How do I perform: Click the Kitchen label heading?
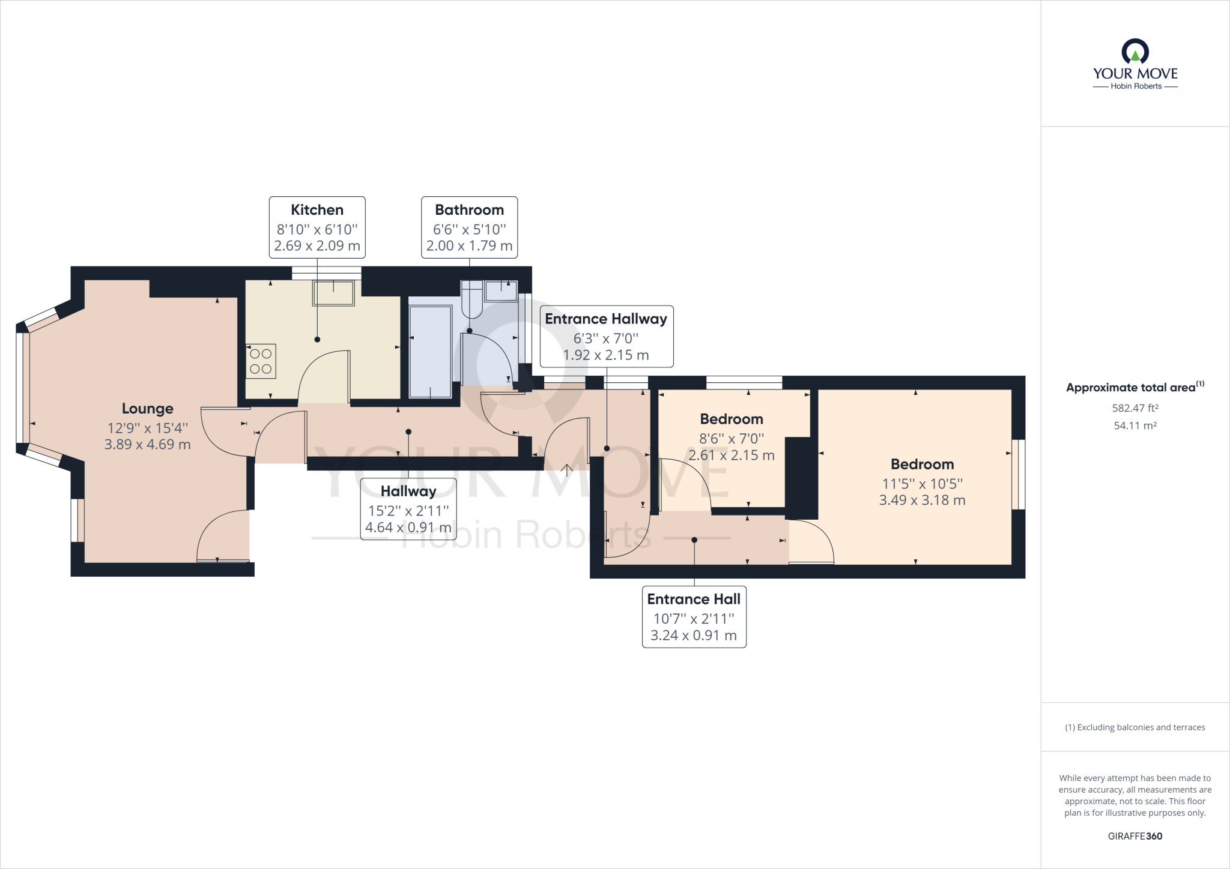(x=317, y=210)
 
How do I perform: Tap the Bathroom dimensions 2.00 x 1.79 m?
(x=469, y=246)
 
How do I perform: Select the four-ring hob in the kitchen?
(x=261, y=361)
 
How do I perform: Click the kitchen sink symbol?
(x=333, y=293)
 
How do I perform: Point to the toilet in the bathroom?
(x=472, y=300)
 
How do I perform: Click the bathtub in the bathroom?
(x=430, y=352)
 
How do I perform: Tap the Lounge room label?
(x=148, y=409)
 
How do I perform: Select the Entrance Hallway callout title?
(x=606, y=319)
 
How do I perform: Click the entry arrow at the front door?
(x=567, y=469)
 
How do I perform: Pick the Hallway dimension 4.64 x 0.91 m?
(x=408, y=528)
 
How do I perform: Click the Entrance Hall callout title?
(x=694, y=599)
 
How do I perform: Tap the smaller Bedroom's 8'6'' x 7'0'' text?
(x=732, y=439)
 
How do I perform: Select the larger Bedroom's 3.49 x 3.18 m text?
(x=922, y=501)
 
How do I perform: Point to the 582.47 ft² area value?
(x=1135, y=408)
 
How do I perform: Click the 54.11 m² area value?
(x=1135, y=425)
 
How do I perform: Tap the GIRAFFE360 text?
(x=1135, y=836)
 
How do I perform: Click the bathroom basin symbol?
(x=501, y=291)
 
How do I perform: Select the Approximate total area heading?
(x=1130, y=388)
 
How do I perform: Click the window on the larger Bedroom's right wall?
(x=1019, y=475)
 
